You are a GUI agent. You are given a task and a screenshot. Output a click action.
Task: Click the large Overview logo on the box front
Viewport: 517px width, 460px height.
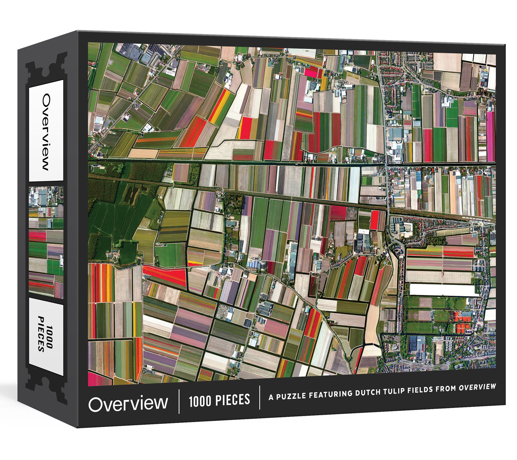[x=128, y=404]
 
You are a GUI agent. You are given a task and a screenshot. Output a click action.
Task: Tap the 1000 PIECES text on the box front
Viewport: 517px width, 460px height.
[x=219, y=400]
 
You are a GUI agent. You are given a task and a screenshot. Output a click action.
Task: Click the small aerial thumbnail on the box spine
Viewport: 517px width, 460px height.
[x=46, y=242]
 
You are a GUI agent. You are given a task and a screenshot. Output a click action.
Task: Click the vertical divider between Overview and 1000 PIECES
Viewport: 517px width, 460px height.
[x=179, y=401]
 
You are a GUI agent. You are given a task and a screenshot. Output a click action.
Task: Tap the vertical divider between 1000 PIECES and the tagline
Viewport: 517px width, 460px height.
[x=260, y=397]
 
